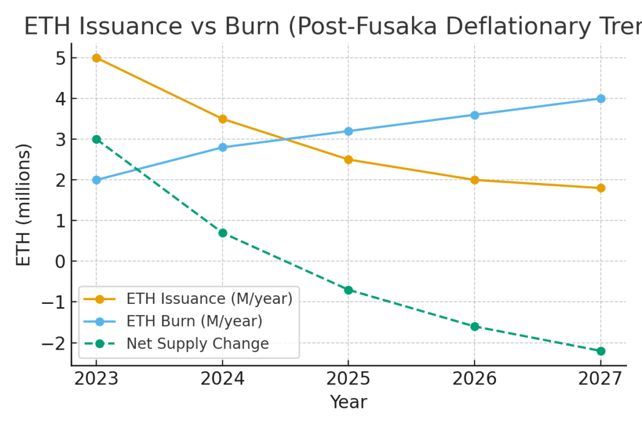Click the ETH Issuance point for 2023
tap(97, 58)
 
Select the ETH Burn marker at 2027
tap(601, 98)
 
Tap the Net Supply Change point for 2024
tap(223, 232)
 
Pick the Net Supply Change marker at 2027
tap(601, 351)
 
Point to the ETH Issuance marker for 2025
tap(349, 159)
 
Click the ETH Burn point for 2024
tap(223, 147)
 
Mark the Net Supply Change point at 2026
tap(475, 326)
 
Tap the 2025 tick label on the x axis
tap(349, 379)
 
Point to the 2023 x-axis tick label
tap(97, 379)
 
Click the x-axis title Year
tap(349, 402)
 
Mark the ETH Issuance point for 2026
tap(475, 180)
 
